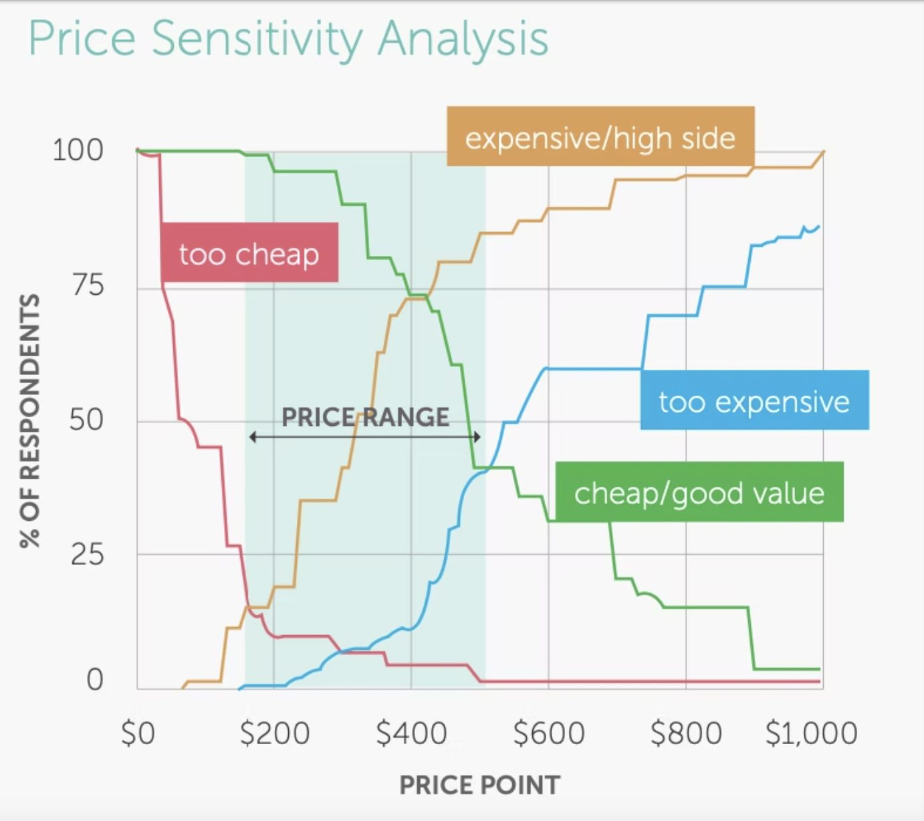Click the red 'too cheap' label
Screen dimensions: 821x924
point(249,253)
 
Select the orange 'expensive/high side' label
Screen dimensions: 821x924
point(600,136)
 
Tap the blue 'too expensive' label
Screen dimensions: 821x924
point(754,400)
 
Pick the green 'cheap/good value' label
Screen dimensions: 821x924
point(699,492)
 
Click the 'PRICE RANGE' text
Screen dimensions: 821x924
point(365,417)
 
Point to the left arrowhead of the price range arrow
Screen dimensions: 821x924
point(253,437)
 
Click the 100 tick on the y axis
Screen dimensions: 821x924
point(78,150)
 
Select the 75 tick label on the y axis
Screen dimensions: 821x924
point(87,285)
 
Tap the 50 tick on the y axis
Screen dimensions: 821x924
point(86,420)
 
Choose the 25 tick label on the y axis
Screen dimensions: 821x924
point(87,554)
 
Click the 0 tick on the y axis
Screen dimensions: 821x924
point(95,679)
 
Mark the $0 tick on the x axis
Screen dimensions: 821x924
point(138,733)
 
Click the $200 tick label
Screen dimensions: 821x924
point(274,733)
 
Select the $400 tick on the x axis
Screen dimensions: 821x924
point(411,733)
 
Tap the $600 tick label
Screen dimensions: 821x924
point(549,733)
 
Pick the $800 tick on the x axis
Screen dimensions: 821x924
point(686,733)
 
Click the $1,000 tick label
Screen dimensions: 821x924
point(811,733)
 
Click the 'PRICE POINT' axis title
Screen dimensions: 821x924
point(479,785)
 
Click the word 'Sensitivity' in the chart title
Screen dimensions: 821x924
point(257,39)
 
